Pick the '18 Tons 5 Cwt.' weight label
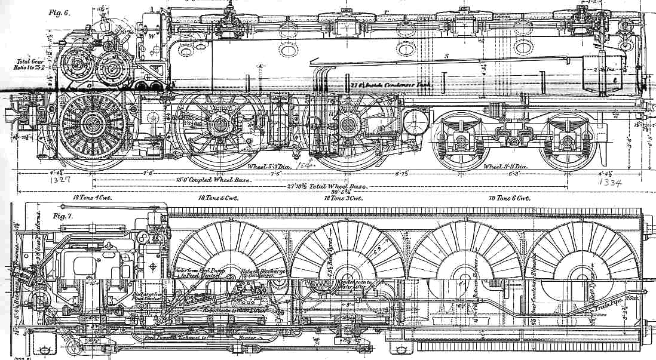pos(218,197)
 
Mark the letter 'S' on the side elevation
pos(446,56)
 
